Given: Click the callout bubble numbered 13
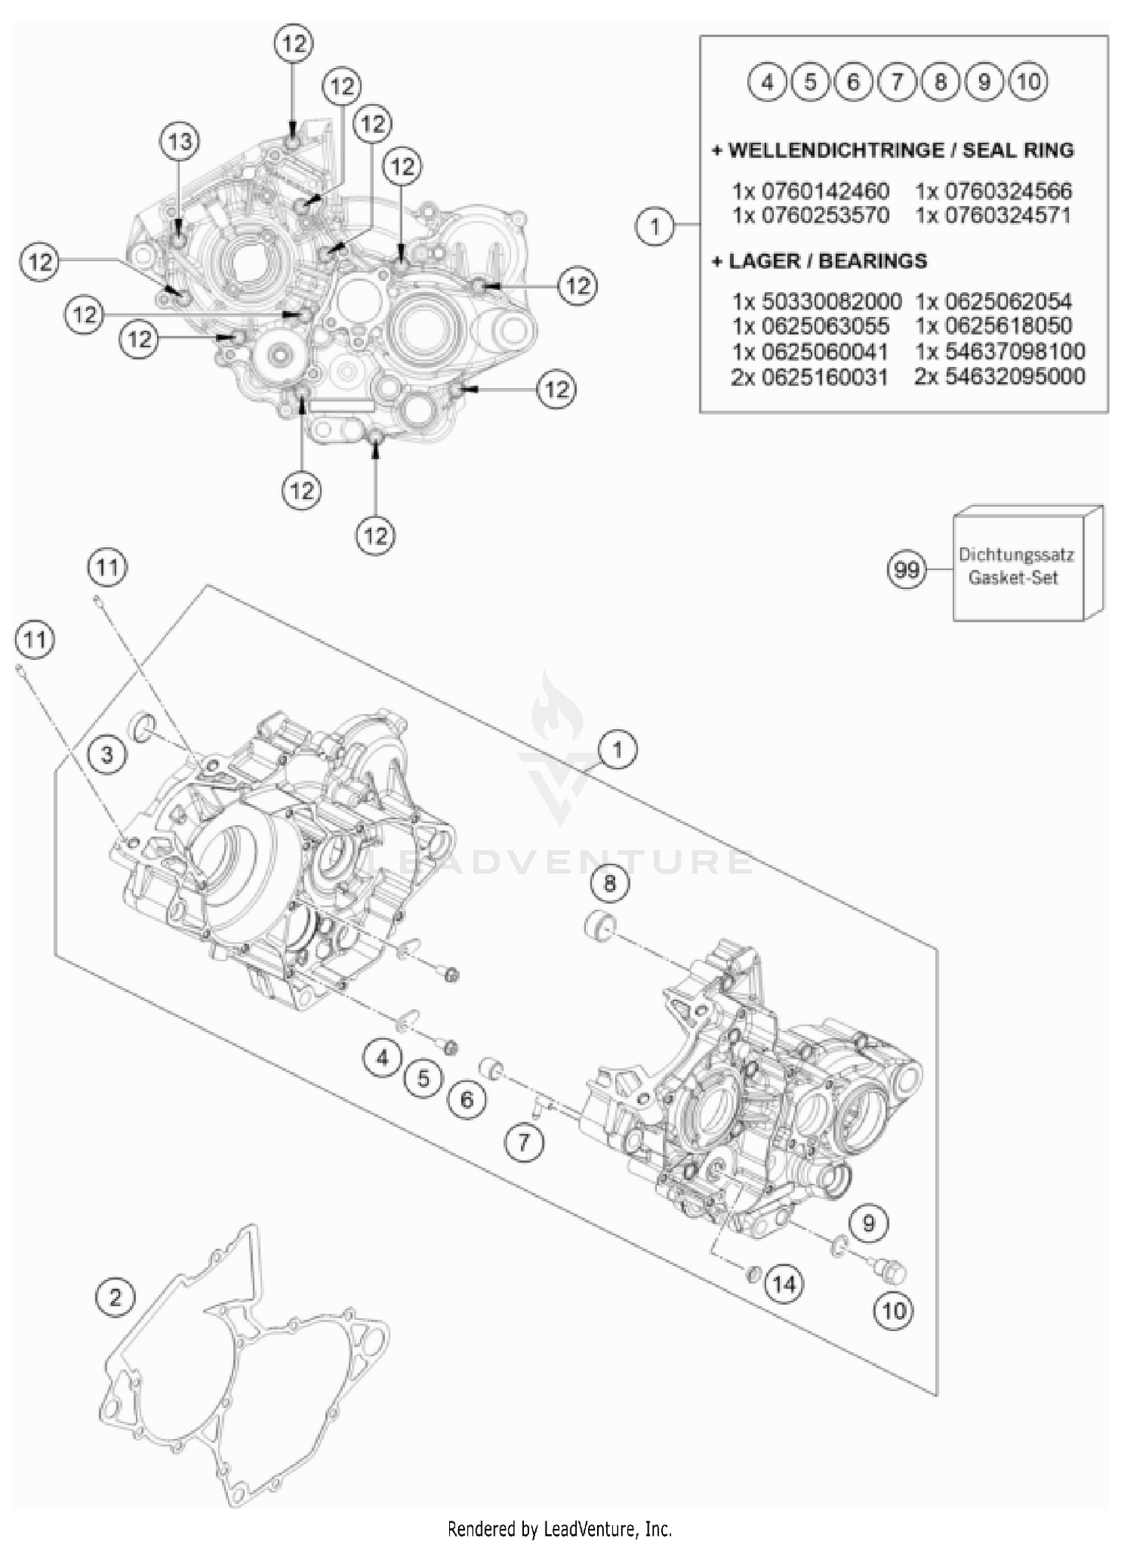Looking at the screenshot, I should click(179, 142).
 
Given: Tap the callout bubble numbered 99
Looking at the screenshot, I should click(906, 570).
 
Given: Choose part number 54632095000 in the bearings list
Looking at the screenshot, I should click(1000, 376).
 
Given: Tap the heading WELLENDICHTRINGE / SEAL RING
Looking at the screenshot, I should click(892, 150).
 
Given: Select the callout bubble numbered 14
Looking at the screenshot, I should click(784, 1284).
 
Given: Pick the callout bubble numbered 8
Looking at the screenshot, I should click(610, 884).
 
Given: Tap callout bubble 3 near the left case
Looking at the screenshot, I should click(107, 755).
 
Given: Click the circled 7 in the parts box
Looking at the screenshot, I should click(897, 81).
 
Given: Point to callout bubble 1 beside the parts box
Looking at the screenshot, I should click(655, 226).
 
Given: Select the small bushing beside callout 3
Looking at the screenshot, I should click(143, 726).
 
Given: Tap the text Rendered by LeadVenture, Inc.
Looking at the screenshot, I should click(560, 1528).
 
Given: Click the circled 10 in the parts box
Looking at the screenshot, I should click(1028, 81).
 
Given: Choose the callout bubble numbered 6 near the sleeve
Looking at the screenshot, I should click(467, 1099).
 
